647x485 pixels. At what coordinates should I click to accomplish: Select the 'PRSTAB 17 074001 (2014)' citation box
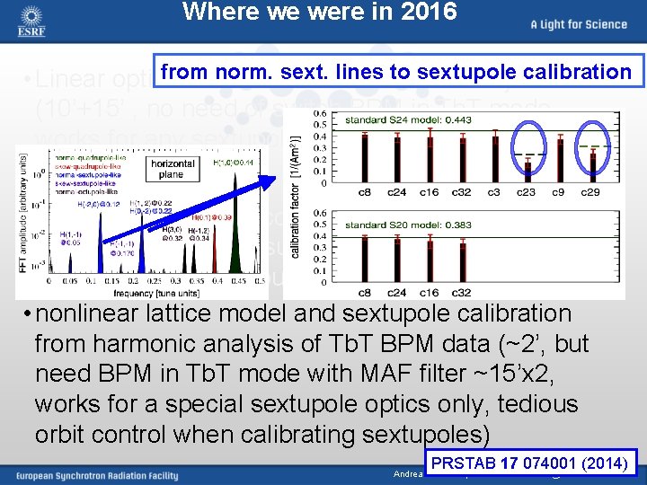[x=535, y=464]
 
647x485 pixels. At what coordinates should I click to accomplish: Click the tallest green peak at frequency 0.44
[x=235, y=225]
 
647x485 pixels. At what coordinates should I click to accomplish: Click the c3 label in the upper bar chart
[x=494, y=191]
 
